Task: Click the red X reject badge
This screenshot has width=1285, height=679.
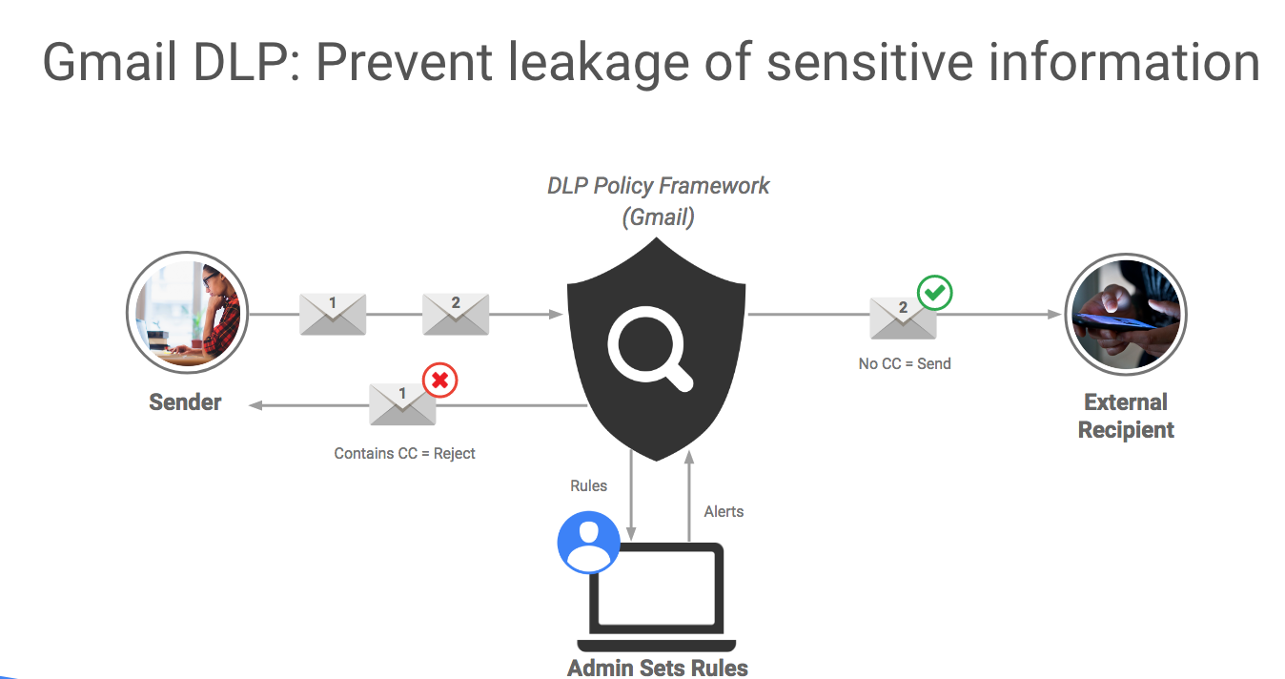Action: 439,381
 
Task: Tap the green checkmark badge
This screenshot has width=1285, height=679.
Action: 934,294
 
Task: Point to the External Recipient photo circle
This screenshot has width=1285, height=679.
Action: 1126,314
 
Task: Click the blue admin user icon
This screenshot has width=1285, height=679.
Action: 588,542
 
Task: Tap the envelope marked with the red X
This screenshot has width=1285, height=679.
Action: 402,404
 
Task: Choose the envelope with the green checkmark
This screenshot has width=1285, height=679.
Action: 903,318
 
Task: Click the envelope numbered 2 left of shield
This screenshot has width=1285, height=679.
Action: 456,314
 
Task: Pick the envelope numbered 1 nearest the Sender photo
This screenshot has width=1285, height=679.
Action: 333,314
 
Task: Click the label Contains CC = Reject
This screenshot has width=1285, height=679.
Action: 404,454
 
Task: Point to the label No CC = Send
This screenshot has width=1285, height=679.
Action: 905,363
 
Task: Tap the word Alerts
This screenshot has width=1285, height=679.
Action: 724,512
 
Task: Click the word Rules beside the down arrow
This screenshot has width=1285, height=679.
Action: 588,486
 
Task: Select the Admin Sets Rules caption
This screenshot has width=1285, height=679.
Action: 658,668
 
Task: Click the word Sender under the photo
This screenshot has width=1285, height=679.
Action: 185,402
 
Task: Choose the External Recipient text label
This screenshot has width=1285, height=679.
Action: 1126,416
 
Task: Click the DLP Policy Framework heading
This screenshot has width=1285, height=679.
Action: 658,186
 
